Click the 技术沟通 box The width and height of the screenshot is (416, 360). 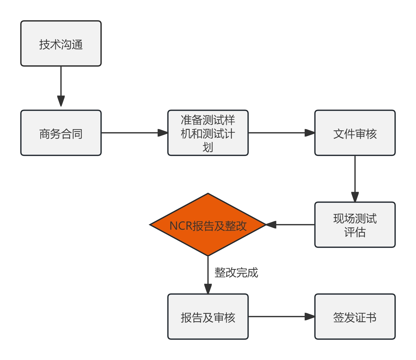coord(61,43)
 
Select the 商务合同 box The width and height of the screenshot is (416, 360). coord(61,133)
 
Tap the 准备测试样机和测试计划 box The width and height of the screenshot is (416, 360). coord(208,133)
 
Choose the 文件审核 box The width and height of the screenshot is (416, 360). coord(355,133)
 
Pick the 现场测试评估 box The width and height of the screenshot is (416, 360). coord(355,225)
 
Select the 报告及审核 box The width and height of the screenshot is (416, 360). coord(208,317)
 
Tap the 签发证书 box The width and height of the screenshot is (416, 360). coord(355,317)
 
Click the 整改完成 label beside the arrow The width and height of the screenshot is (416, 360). coord(236,272)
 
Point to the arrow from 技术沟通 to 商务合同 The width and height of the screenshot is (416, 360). coord(61,86)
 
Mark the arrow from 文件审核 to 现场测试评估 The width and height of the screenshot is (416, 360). coord(355,178)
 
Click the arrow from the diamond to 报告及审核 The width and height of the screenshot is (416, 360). coord(208,274)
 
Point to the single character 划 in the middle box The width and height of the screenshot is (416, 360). coord(208,147)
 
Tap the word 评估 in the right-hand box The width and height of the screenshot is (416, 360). coord(355,232)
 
